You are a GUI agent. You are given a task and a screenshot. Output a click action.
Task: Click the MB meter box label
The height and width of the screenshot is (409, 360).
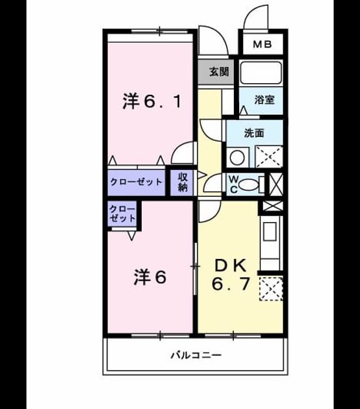(263, 44)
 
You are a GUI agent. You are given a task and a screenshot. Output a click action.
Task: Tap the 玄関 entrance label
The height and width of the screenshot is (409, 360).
(219, 71)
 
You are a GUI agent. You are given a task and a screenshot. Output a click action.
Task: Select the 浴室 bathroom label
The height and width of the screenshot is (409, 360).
(264, 100)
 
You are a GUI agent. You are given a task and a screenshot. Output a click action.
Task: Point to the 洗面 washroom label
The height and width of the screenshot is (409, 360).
(254, 133)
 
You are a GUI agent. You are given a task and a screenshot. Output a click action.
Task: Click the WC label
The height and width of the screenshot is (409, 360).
(234, 184)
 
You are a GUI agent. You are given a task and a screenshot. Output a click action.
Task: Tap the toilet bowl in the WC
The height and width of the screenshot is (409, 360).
(248, 184)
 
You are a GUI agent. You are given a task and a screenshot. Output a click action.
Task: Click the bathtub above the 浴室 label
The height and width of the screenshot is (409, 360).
(261, 71)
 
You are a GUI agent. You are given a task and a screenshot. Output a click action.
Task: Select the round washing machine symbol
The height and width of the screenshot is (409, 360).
(237, 158)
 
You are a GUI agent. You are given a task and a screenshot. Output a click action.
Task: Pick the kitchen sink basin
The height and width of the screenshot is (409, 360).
(270, 231)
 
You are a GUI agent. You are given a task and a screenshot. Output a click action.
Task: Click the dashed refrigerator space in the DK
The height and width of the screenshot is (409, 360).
(271, 289)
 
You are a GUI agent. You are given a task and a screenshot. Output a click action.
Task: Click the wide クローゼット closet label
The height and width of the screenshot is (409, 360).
(136, 182)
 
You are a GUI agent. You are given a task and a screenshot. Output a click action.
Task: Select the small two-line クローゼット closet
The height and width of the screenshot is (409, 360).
(122, 214)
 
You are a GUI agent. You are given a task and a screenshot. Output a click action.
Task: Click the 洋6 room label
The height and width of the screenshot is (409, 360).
(150, 277)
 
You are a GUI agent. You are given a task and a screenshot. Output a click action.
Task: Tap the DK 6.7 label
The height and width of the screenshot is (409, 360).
(231, 275)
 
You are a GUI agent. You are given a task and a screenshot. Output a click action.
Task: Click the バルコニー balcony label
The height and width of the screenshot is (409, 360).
(196, 355)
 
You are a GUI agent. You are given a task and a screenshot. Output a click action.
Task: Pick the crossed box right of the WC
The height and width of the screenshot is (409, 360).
(276, 184)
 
